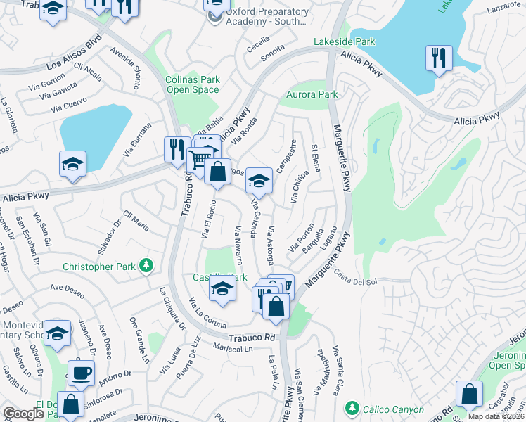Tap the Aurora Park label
click(x=312, y=94)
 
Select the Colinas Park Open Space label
click(x=193, y=84)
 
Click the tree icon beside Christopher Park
click(x=146, y=266)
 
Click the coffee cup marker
click(x=81, y=372)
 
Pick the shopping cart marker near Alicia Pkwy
click(x=200, y=158)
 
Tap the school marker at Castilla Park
click(x=222, y=288)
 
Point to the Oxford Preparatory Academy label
click(x=267, y=17)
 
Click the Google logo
click(x=23, y=414)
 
